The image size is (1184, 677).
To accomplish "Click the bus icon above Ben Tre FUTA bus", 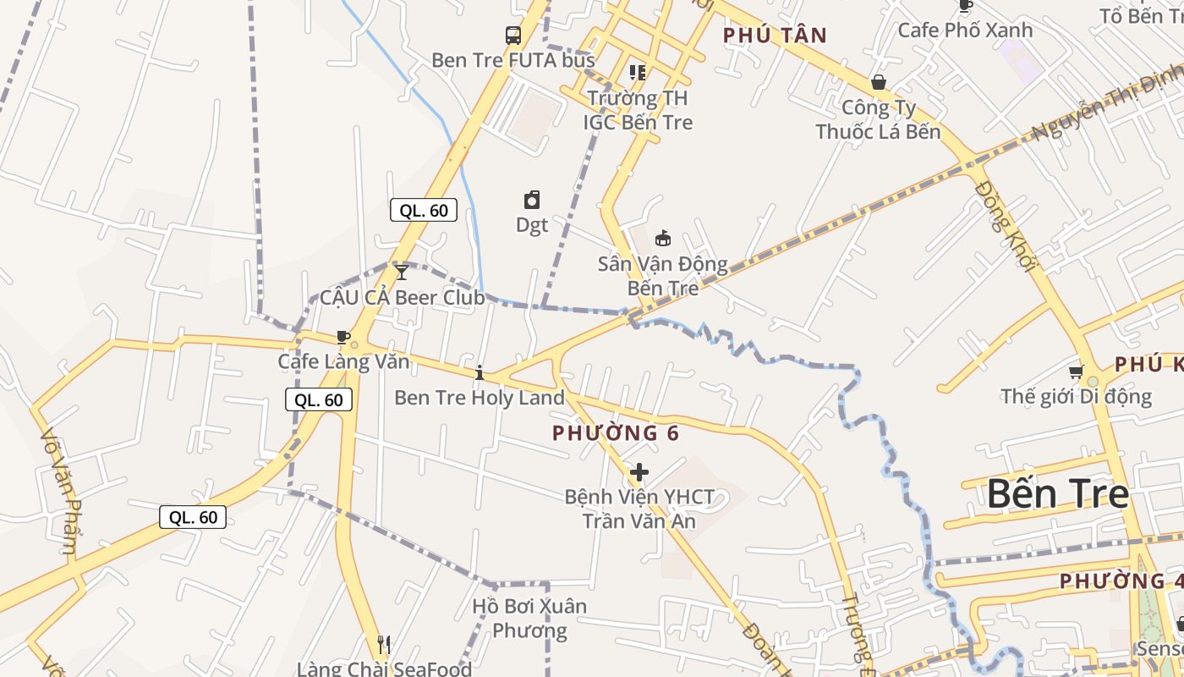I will tap(513, 36).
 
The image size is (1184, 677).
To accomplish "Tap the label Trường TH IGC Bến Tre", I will tap(638, 110).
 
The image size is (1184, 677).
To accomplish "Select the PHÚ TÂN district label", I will tap(775, 36).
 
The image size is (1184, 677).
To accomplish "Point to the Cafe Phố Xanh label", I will tap(965, 30).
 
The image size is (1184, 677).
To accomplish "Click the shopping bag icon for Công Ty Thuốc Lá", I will tap(879, 82).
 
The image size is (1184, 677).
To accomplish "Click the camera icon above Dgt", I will tap(532, 200).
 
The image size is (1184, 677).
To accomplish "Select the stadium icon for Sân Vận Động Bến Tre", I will tap(663, 239).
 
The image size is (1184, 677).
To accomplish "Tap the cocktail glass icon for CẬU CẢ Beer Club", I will tap(402, 272).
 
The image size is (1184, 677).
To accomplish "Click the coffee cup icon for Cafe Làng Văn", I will tap(343, 337).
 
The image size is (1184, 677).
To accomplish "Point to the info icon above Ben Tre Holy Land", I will tap(480, 372).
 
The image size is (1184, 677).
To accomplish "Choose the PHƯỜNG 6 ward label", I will tap(616, 433).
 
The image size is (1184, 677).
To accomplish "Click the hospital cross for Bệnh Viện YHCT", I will tap(639, 471).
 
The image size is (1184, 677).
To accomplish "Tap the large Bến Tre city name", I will tap(1057, 493).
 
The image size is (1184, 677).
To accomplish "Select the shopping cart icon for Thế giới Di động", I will tap(1076, 372).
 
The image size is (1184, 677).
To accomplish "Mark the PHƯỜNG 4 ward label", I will tap(1112, 581).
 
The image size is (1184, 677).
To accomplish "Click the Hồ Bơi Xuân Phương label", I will tap(529, 619).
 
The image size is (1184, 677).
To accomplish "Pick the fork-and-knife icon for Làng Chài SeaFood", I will tap(384, 645).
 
